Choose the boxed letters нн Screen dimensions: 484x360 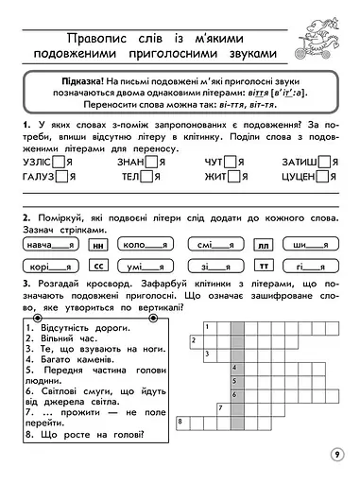point(96,245)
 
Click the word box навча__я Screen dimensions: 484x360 point(50,245)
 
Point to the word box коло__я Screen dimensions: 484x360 point(142,245)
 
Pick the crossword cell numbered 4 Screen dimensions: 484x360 point(235,367)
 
